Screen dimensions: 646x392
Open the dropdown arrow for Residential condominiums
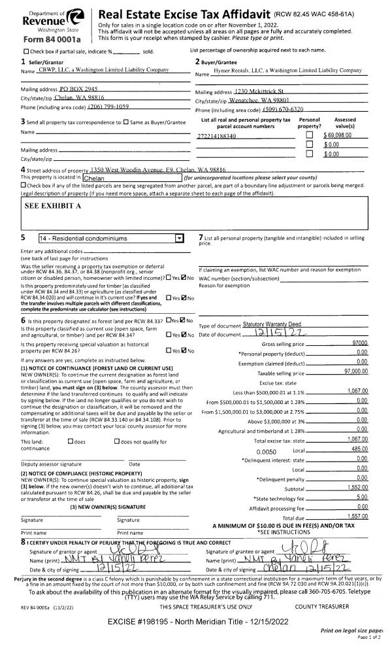coord(180,239)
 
